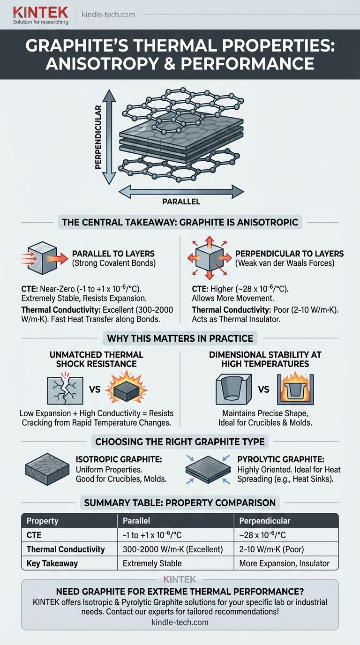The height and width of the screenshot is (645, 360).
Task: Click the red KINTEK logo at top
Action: click(x=41, y=12)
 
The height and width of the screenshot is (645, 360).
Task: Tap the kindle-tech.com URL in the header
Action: click(x=108, y=15)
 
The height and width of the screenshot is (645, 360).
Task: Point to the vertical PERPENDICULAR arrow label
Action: click(x=98, y=137)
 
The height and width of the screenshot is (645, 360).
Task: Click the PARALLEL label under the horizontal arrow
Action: click(x=181, y=202)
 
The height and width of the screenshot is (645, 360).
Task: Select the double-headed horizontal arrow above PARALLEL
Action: click(x=181, y=191)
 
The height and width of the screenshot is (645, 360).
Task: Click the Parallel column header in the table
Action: click(x=136, y=521)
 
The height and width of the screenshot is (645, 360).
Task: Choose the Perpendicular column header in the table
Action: click(x=265, y=521)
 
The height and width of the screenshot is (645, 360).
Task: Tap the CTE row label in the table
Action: click(x=34, y=535)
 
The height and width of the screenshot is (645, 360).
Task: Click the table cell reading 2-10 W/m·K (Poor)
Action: click(x=271, y=549)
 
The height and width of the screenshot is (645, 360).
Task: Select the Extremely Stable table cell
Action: click(x=152, y=563)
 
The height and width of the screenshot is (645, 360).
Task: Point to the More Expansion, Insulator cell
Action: click(x=284, y=563)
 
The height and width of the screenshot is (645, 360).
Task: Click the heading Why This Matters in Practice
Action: click(x=180, y=338)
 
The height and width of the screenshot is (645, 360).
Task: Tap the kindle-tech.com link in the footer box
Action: click(x=180, y=622)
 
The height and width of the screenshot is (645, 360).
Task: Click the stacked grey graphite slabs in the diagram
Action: click(x=181, y=140)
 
